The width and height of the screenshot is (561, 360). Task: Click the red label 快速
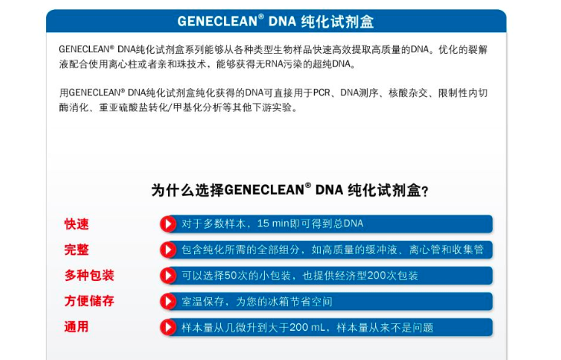[77, 224]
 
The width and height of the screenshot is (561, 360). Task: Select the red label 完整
[77, 250]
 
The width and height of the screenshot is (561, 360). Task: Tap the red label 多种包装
[89, 276]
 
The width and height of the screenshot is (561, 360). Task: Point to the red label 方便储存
[89, 301]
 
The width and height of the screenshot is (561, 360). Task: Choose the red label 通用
[77, 327]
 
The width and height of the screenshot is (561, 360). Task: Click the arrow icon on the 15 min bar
[168, 224]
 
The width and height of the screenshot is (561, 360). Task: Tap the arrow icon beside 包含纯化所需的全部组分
[168, 250]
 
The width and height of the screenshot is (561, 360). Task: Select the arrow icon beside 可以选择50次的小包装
[168, 276]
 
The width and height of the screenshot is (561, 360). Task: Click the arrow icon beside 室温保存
[168, 301]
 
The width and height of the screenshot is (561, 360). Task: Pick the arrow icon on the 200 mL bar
[168, 327]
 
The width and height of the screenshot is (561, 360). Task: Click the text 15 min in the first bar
[273, 224]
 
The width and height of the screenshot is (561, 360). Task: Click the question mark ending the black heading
[424, 191]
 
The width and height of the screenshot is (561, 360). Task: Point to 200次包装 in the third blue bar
[395, 276]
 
